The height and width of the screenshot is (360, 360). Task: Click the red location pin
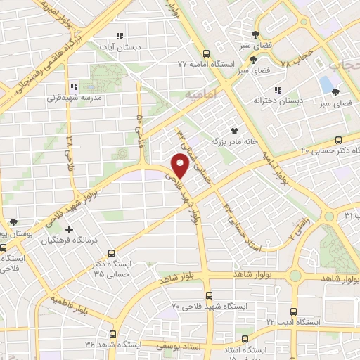pyautogui.click(x=180, y=165)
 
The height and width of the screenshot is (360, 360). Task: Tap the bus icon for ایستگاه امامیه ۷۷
pyautogui.click(x=206, y=53)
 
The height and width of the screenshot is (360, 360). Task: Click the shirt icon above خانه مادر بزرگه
pyautogui.click(x=234, y=130)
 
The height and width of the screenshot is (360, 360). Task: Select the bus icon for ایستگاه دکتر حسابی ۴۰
pyautogui.click(x=338, y=140)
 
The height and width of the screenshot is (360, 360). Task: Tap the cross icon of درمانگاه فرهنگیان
pyautogui.click(x=69, y=230)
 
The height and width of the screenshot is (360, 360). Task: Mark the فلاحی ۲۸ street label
pyautogui.click(x=70, y=149)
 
